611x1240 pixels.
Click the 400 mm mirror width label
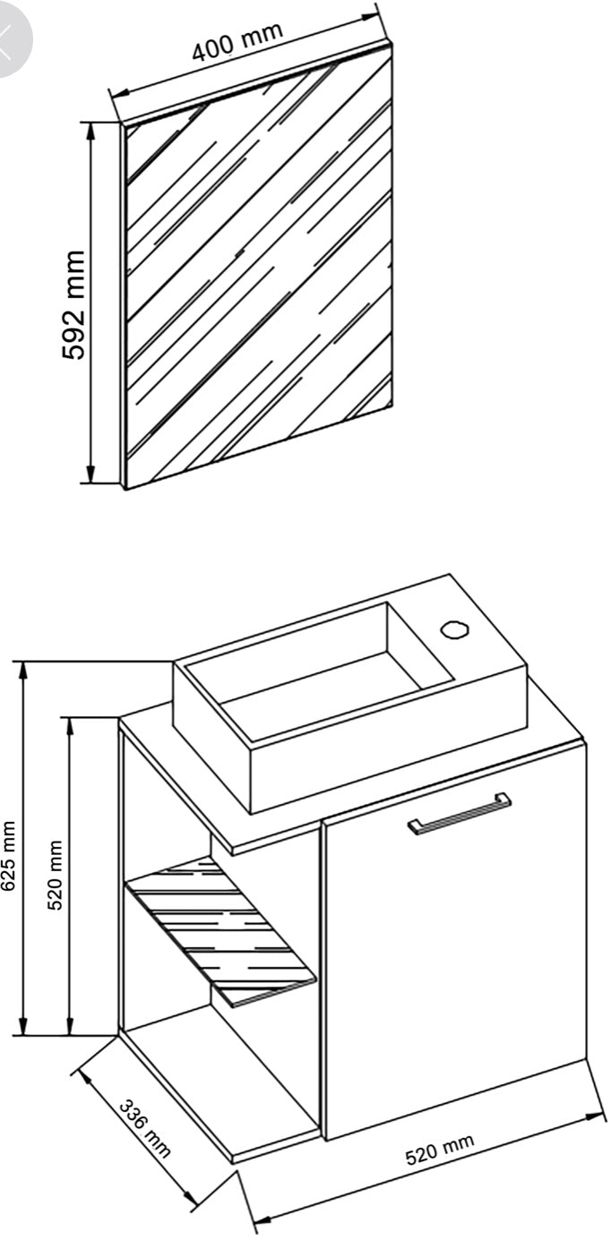237,40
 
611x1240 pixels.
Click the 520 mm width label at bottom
439,1150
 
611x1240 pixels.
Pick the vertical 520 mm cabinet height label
56,874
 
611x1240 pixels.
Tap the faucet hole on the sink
453,628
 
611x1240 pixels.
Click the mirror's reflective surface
260,278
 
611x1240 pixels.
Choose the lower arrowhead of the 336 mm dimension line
190,1199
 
